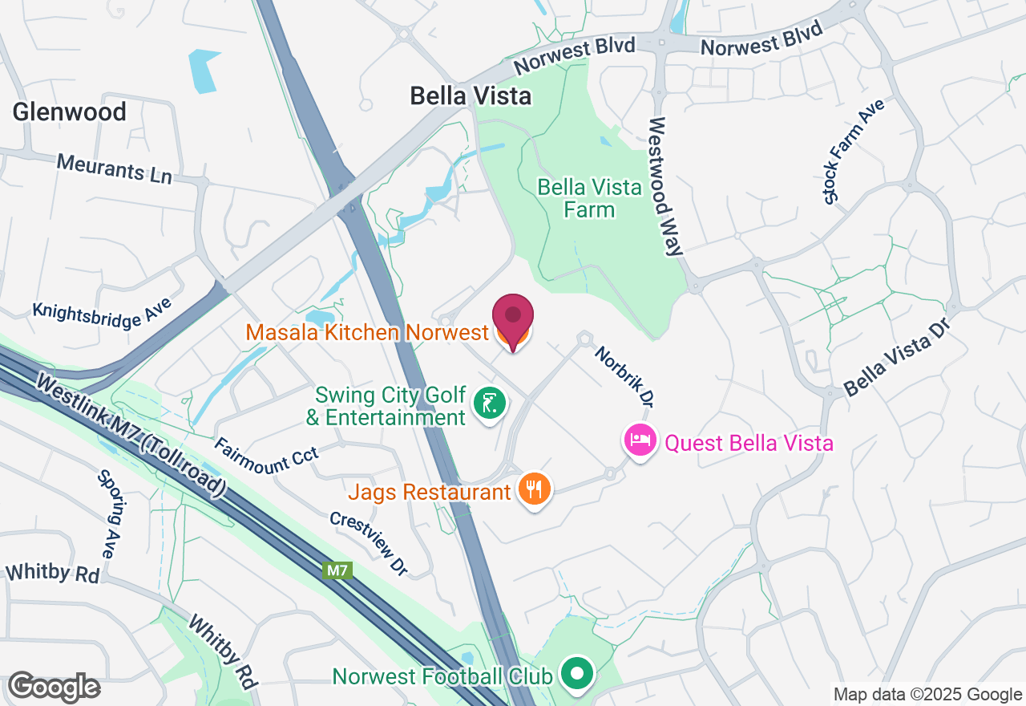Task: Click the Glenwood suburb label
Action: click(69, 112)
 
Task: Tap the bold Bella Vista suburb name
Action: click(471, 96)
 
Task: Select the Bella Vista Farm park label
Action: click(589, 198)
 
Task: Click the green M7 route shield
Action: click(337, 571)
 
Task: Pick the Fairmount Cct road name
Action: click(266, 459)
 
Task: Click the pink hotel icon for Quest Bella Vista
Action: click(640, 440)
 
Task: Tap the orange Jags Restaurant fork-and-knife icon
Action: click(534, 488)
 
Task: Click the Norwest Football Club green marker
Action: click(576, 673)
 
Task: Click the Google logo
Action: click(54, 687)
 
